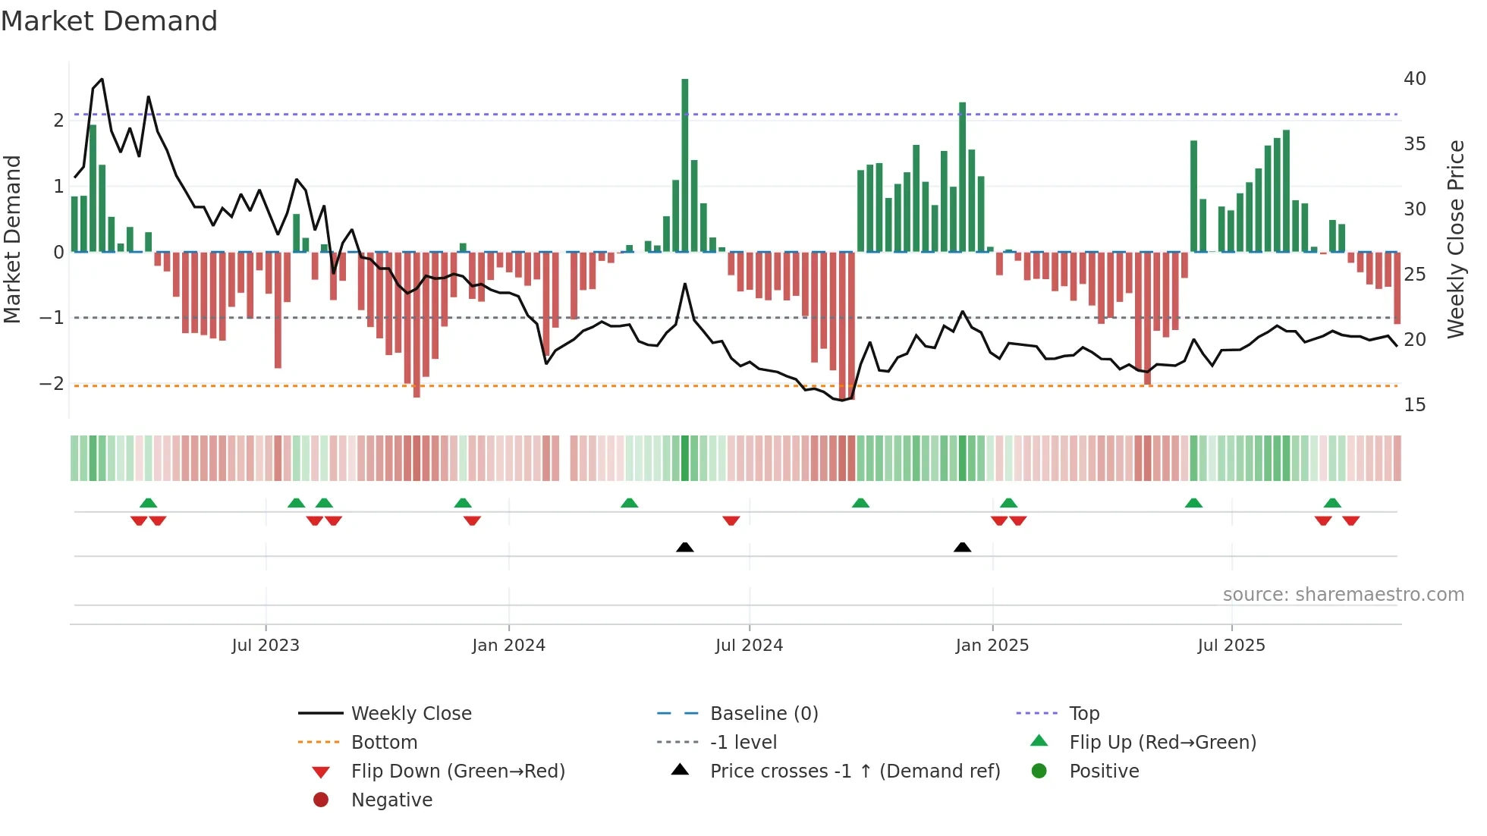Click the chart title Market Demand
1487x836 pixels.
pyautogui.click(x=109, y=21)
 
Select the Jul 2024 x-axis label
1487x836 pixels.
pyautogui.click(x=749, y=646)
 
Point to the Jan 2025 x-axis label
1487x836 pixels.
pyautogui.click(x=992, y=646)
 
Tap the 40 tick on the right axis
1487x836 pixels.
pyautogui.click(x=1414, y=79)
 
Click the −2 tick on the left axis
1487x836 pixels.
pyautogui.click(x=52, y=384)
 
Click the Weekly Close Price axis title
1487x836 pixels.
pyautogui.click(x=1455, y=239)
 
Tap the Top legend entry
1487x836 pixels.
pyautogui.click(x=1083, y=714)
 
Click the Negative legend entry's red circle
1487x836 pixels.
pyautogui.click(x=321, y=800)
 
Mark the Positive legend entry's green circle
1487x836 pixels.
pyautogui.click(x=1039, y=771)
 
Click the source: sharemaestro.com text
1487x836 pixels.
pyautogui.click(x=1343, y=595)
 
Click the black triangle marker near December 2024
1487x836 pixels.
pyautogui.click(x=962, y=548)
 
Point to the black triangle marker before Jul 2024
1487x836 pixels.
pyautogui.click(x=684, y=548)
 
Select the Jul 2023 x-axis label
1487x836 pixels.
pyautogui.click(x=266, y=646)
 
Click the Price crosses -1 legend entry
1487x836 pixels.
pyautogui.click(x=854, y=772)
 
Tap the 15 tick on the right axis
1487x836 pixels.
pyautogui.click(x=1414, y=405)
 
